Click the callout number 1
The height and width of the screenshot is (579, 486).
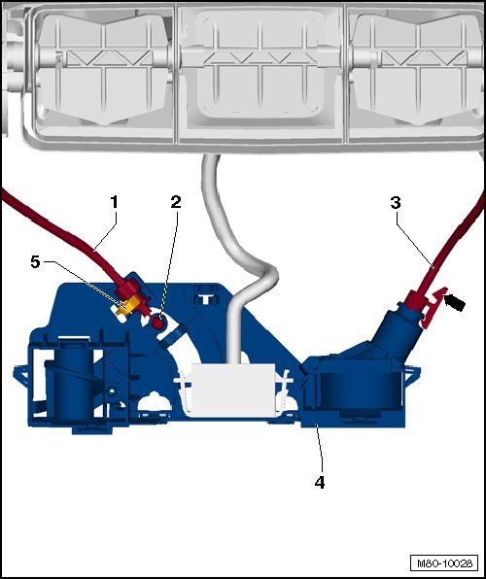(x=114, y=202)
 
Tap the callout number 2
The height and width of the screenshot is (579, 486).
(x=176, y=202)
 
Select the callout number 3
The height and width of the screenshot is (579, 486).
(x=396, y=203)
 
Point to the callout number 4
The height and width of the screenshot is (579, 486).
(x=320, y=482)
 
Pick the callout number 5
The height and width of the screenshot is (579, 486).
(x=35, y=262)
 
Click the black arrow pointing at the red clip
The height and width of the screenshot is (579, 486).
(x=454, y=302)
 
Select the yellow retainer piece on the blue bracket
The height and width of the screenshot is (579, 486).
(x=126, y=307)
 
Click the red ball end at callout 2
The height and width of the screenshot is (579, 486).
(x=158, y=323)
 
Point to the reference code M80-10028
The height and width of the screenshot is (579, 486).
(x=444, y=563)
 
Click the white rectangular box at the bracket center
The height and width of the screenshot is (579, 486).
(x=233, y=390)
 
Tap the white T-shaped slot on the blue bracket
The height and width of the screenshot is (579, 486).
(x=204, y=298)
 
